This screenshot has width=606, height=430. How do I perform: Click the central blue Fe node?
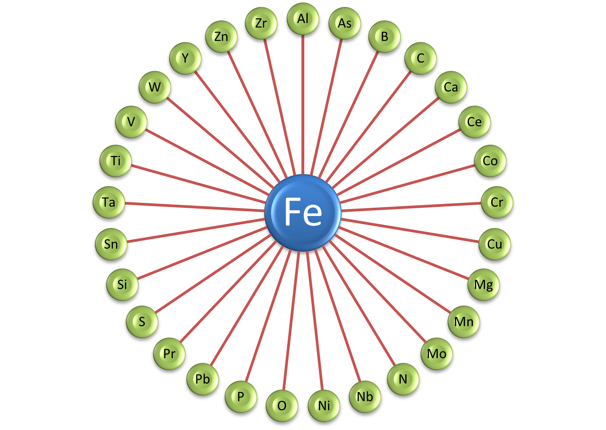[303, 213]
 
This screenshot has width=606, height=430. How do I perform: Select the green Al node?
[303, 19]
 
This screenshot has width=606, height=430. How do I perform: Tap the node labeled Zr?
[261, 23]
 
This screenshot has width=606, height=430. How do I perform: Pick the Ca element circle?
[451, 87]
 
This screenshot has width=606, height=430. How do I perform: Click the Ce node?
[474, 122]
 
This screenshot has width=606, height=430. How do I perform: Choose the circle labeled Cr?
[497, 202]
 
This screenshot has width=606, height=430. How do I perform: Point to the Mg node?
[484, 284]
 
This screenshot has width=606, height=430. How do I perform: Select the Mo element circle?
[437, 354]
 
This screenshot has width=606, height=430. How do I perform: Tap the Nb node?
[365, 397]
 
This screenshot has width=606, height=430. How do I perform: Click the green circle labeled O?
[282, 406]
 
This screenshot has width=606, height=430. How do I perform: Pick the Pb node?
[203, 379]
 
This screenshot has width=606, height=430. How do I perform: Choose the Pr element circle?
[169, 354]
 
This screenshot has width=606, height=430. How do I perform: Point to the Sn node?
[111, 244]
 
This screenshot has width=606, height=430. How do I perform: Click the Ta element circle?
[109, 202]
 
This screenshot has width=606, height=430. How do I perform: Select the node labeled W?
[154, 87]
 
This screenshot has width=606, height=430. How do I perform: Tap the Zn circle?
[221, 37]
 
